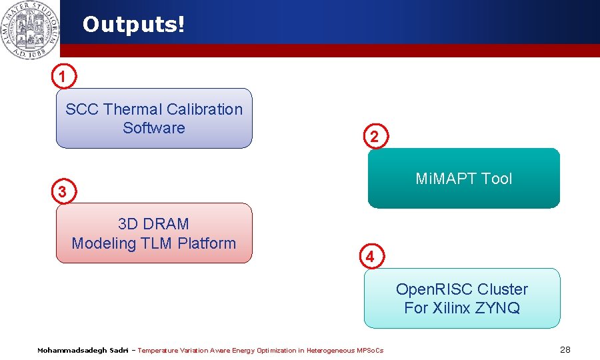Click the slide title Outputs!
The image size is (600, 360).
click(133, 25)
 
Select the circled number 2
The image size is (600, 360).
click(375, 137)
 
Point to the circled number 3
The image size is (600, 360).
click(62, 192)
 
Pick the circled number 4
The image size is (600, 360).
click(372, 256)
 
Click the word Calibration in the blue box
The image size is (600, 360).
click(205, 109)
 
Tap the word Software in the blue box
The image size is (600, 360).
click(154, 128)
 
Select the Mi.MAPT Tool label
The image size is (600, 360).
click(464, 179)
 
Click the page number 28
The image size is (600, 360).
click(565, 350)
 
